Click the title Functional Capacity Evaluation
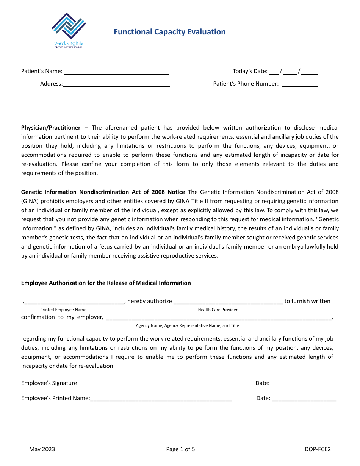coord(169,32)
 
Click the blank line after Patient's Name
coord(116,72)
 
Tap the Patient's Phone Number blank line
coord(299,84)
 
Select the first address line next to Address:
coord(116,84)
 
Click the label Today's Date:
coord(250,71)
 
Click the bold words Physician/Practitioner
coord(51,128)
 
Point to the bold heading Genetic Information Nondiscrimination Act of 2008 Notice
coord(103,192)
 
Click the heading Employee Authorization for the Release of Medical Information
coord(106,283)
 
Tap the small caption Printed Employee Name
coord(63,310)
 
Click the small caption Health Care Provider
coord(218,310)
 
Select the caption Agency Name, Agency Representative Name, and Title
coord(187,326)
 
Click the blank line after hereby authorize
coord(228,302)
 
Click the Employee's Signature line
coord(156,384)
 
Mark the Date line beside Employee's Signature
coord(305,384)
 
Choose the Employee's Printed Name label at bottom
coord(55,398)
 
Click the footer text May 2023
coord(42,449)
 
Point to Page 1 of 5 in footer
coord(180,449)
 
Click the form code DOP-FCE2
coord(318,449)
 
